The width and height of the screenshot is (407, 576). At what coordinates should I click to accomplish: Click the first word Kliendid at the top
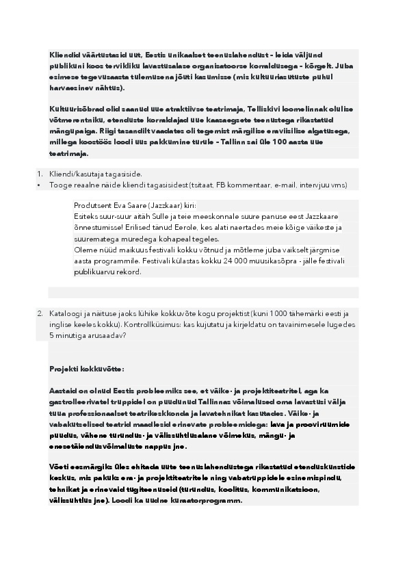(62, 55)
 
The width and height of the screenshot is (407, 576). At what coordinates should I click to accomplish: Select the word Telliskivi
(257, 109)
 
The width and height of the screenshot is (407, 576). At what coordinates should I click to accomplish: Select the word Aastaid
(63, 391)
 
